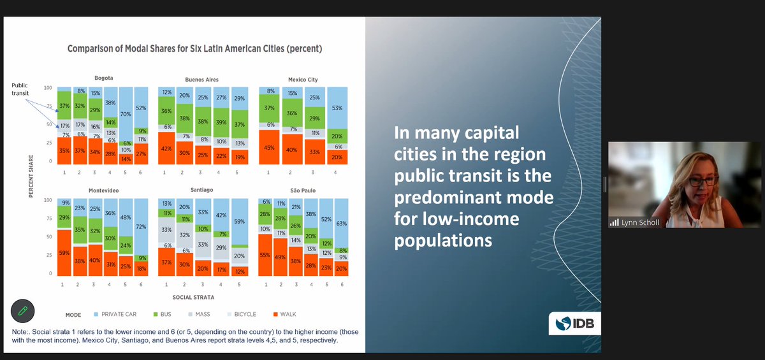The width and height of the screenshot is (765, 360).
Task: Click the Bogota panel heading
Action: coord(103,77)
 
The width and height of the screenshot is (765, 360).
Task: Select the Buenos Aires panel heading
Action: coord(201,80)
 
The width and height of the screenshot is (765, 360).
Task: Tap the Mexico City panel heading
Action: coord(303,80)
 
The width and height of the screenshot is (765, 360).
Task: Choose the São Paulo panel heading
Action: coord(303,191)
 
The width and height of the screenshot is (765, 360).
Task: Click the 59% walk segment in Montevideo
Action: coord(64,252)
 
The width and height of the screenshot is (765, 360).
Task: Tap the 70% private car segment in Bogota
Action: coord(126,113)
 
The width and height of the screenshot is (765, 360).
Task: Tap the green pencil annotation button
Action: coord(22,312)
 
